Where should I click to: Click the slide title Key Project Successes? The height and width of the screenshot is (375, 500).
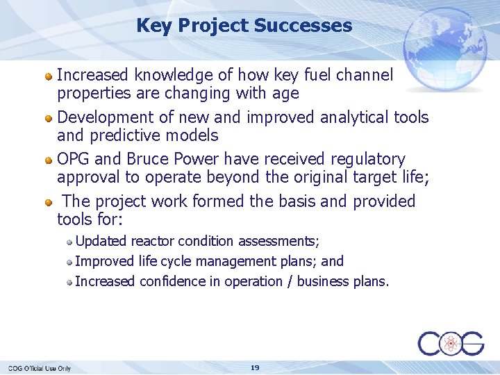pos(244,26)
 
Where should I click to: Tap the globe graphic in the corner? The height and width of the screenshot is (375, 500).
pos(444,47)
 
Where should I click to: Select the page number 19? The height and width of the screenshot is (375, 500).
pos(255,367)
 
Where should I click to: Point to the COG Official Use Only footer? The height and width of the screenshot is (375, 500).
pos(40,368)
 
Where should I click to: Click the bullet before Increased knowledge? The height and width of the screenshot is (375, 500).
pos(49,76)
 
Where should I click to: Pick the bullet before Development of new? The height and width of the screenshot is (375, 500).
pos(49,118)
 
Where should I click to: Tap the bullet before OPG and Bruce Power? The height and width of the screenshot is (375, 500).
pos(49,160)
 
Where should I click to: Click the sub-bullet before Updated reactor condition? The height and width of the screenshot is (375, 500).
pos(70,242)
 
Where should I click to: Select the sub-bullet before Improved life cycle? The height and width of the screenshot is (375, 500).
pos(70,262)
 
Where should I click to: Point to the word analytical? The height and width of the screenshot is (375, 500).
pos(357,117)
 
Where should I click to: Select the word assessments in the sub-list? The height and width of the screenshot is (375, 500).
pos(275,242)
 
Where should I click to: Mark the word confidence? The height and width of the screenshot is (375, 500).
pos(174,282)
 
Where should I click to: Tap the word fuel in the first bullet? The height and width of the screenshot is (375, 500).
pos(322,75)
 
